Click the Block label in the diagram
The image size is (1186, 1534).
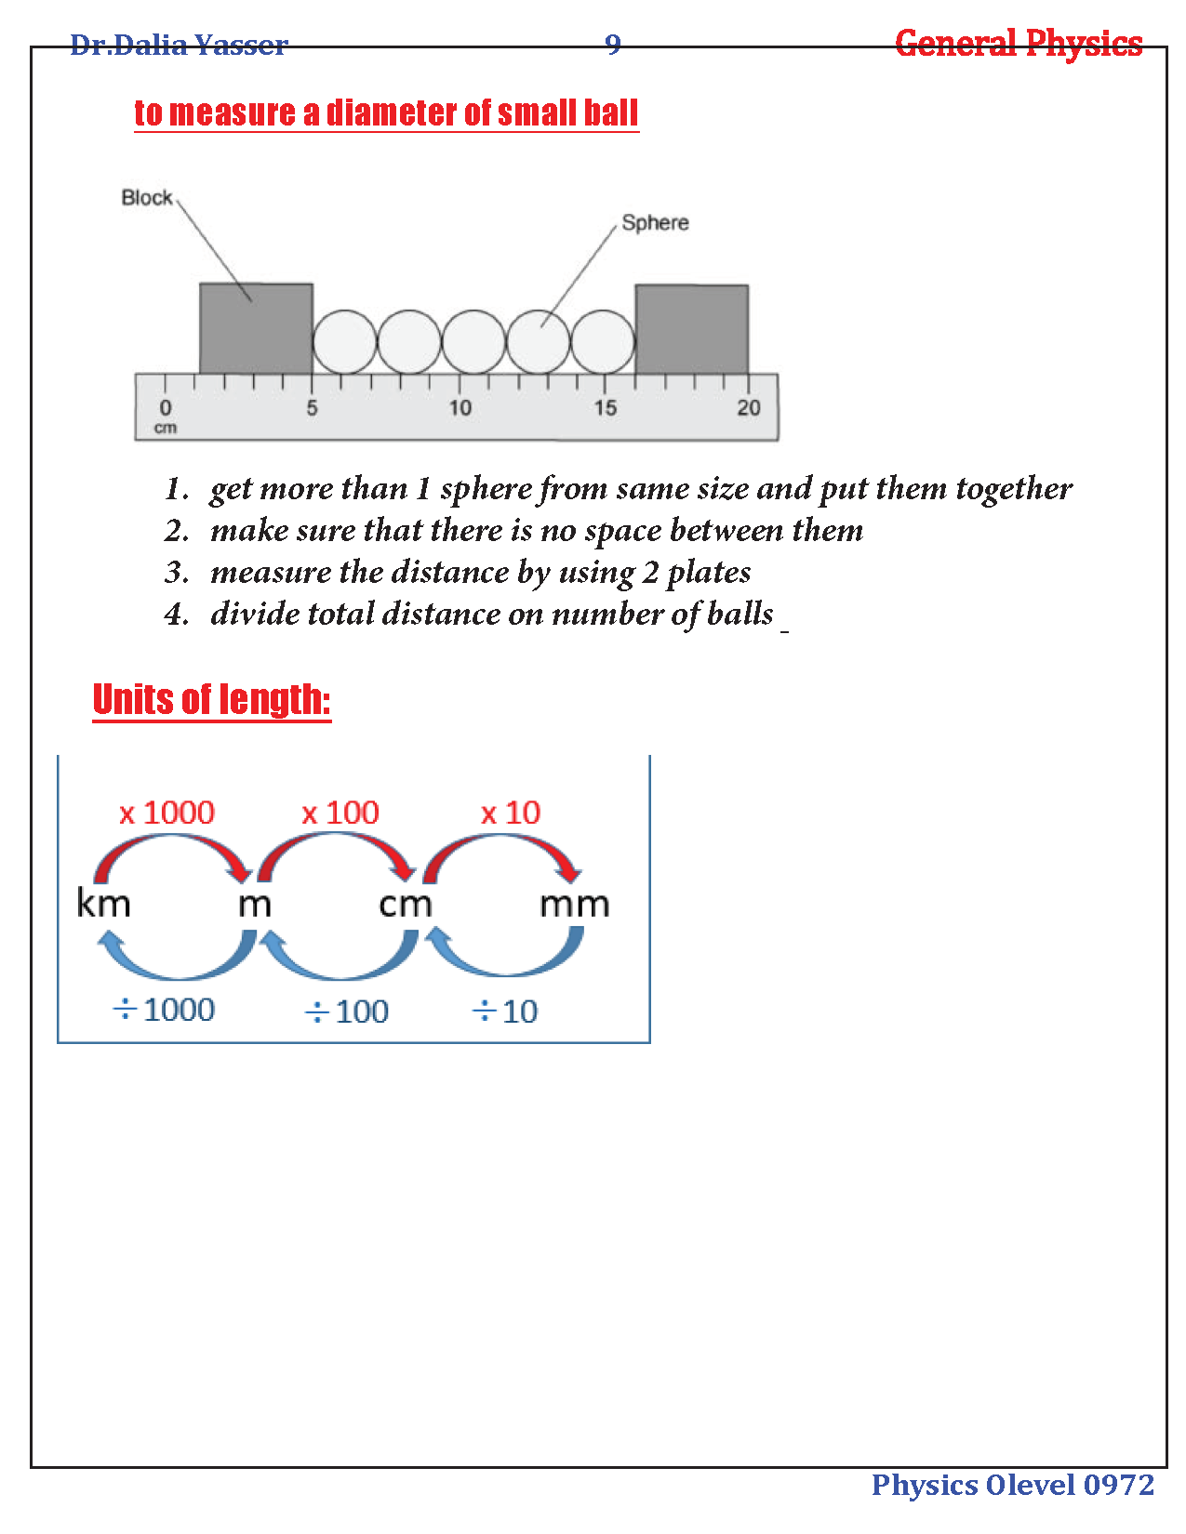(146, 197)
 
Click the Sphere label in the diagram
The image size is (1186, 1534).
(655, 222)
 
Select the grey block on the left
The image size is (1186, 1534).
(256, 328)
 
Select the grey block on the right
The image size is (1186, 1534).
(691, 329)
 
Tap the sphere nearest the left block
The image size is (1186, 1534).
(344, 341)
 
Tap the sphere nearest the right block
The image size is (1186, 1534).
(603, 341)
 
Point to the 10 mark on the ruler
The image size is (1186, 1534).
(460, 407)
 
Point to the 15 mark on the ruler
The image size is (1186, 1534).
(606, 407)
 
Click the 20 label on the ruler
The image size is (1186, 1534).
(749, 407)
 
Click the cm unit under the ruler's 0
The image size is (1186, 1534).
(166, 428)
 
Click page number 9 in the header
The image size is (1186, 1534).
(612, 44)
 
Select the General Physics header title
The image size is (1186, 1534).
(1019, 44)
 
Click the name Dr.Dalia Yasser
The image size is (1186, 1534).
(179, 45)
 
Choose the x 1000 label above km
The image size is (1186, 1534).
(167, 813)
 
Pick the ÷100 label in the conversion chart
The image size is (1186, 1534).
(347, 1012)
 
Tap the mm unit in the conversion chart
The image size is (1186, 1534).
(574, 904)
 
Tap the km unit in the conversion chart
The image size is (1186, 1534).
(103, 904)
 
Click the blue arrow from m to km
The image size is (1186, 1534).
(177, 962)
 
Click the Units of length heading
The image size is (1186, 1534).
(212, 700)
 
